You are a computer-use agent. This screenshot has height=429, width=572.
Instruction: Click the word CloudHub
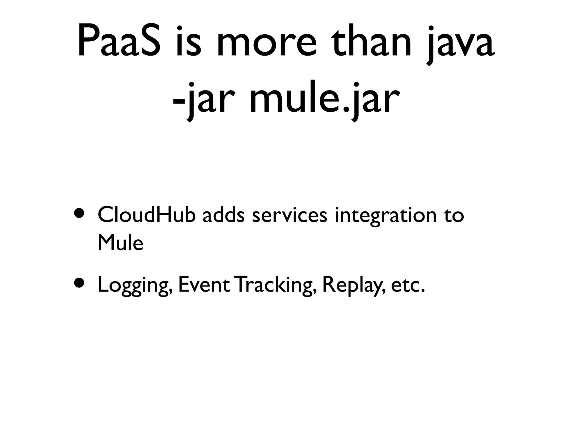coord(146,215)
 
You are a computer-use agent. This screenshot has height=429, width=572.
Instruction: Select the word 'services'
coord(289,216)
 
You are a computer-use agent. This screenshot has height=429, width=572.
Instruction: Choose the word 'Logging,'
coord(135,285)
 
